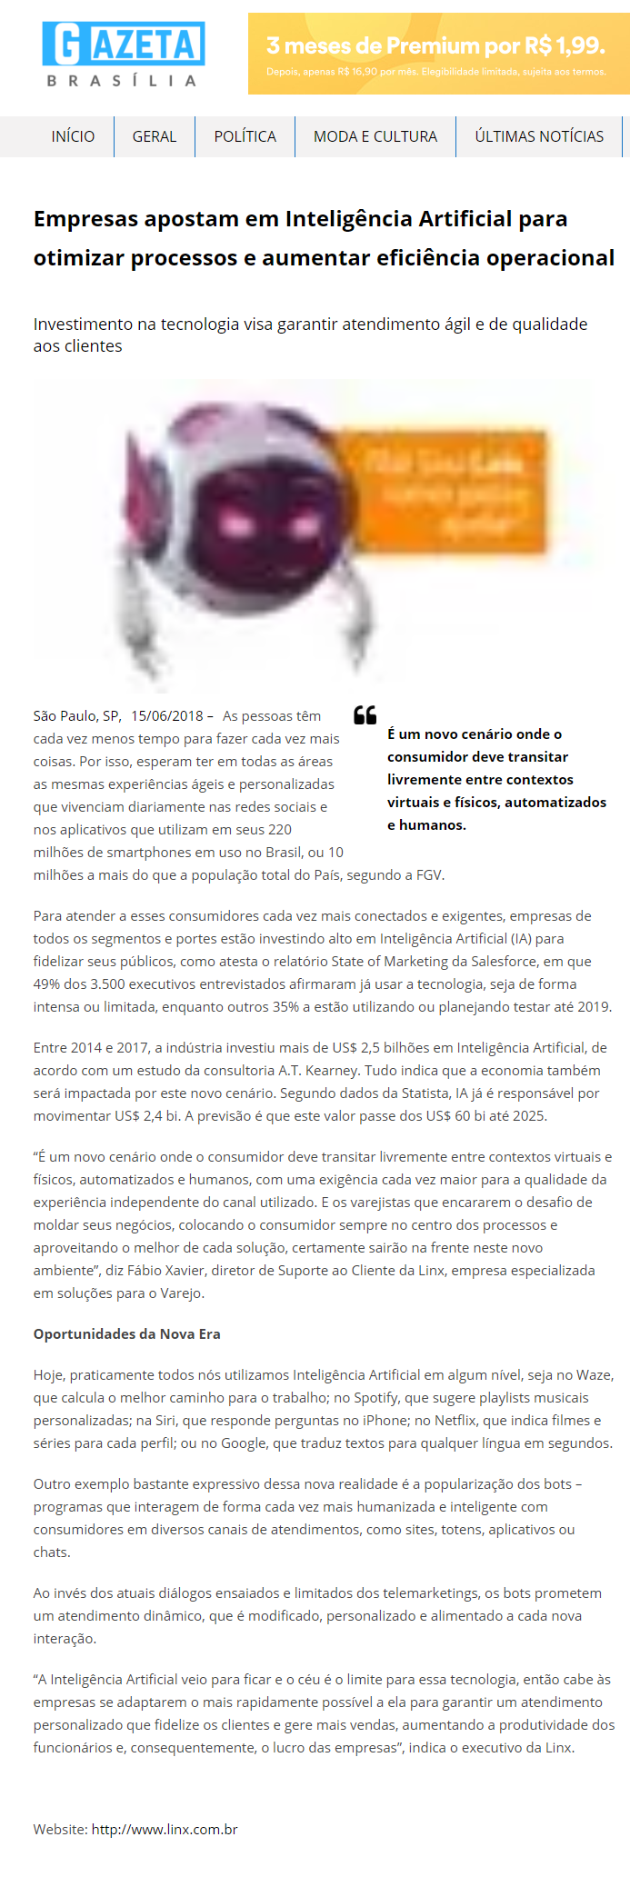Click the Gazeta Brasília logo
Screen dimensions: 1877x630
click(123, 55)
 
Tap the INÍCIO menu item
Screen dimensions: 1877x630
click(73, 136)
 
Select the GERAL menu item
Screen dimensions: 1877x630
click(155, 136)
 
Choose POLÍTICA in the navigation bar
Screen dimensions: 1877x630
click(245, 136)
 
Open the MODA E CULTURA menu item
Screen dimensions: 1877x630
click(375, 136)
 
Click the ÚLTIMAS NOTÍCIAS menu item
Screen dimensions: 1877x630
click(539, 136)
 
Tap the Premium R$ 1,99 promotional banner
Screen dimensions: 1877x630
click(438, 54)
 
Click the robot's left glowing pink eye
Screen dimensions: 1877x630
click(236, 524)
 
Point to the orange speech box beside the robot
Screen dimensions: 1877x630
click(450, 492)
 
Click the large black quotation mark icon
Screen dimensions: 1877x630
click(365, 715)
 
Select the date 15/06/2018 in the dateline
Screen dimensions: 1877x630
click(167, 716)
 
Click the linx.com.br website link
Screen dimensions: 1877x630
click(165, 1829)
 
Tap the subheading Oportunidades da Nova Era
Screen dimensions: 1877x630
click(126, 1333)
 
